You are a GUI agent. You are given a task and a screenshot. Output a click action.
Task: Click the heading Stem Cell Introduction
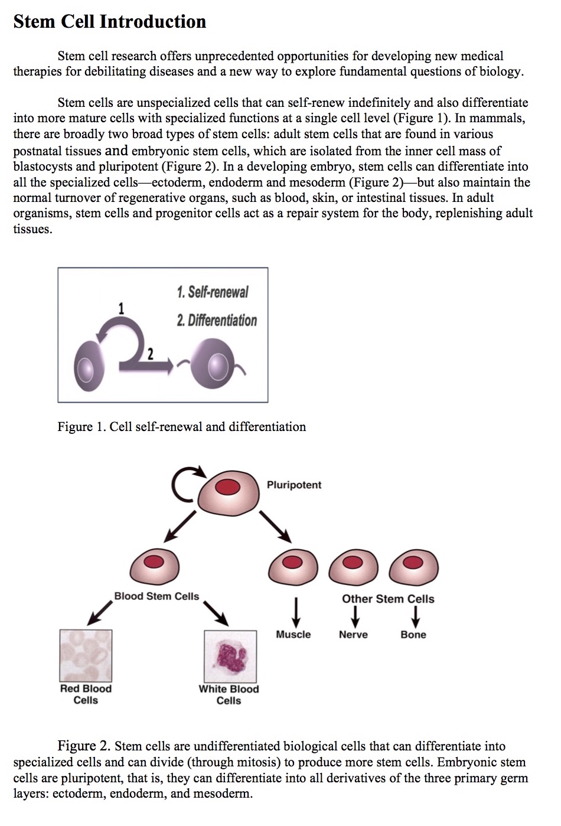pos(109,22)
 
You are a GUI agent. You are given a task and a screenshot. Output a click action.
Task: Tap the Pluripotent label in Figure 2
pos(293,485)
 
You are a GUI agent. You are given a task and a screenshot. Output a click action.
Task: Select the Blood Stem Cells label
pos(156,596)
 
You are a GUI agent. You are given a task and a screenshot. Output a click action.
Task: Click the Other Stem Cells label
pos(388,599)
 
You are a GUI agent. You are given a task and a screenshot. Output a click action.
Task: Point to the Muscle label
pos(293,635)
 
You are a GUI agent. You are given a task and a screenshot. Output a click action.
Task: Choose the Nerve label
pos(353,635)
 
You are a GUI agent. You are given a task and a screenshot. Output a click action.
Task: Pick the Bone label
pos(413,635)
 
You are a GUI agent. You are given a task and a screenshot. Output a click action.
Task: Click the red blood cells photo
pos(86,655)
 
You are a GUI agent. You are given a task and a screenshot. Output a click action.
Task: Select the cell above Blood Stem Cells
pos(155,563)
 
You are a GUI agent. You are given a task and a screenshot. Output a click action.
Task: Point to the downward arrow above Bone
pos(416,618)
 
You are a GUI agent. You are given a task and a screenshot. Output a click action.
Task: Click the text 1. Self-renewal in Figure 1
pos(212,292)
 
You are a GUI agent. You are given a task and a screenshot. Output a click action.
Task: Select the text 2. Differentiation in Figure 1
pos(217,321)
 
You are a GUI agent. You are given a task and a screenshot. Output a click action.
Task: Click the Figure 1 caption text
pos(181,427)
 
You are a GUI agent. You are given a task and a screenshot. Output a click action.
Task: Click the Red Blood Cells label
pos(86,694)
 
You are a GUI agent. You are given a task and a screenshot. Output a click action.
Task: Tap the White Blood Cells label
pos(229,695)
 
